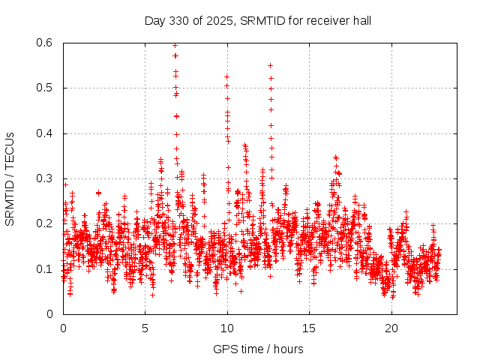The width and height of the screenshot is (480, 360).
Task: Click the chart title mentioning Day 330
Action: pyautogui.click(x=258, y=20)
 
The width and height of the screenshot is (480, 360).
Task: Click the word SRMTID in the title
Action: pyautogui.click(x=265, y=20)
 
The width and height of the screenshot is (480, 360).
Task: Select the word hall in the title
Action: pyautogui.click(x=360, y=20)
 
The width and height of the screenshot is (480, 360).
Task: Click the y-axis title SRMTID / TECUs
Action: pyautogui.click(x=10, y=178)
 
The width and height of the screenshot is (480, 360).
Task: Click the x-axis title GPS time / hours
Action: pyautogui.click(x=258, y=349)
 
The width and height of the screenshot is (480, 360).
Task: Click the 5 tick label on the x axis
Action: pyautogui.click(x=145, y=328)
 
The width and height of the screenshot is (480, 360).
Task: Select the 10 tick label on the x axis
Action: pyautogui.click(x=226, y=328)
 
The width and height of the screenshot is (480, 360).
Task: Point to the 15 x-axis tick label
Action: pyautogui.click(x=309, y=328)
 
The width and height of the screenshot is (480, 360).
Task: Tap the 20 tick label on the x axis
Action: pyautogui.click(x=391, y=328)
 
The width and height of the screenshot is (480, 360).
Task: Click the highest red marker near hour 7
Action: pyautogui.click(x=175, y=45)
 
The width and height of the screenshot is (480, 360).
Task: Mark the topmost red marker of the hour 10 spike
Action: pyautogui.click(x=226, y=76)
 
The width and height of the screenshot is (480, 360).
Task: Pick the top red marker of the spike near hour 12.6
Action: pyautogui.click(x=270, y=65)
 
